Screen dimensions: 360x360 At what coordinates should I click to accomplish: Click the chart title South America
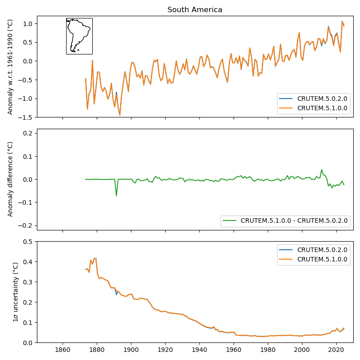(195, 10)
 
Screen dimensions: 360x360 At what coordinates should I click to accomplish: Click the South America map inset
(79, 36)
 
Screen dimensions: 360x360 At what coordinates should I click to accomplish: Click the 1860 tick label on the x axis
(63, 350)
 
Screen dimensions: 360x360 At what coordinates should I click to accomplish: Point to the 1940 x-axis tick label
(199, 350)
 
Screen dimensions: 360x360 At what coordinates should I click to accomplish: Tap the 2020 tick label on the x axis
(336, 350)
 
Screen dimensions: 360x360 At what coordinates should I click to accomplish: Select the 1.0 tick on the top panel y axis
(29, 23)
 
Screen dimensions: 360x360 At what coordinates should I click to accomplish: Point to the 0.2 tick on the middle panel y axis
(29, 133)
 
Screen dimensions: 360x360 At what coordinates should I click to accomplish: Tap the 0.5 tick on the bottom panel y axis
(29, 242)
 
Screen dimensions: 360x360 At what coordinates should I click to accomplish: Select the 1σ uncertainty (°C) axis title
(15, 292)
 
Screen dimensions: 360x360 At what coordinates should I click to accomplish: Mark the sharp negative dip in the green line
(116, 195)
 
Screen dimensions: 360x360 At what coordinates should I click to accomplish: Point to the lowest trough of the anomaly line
(120, 115)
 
